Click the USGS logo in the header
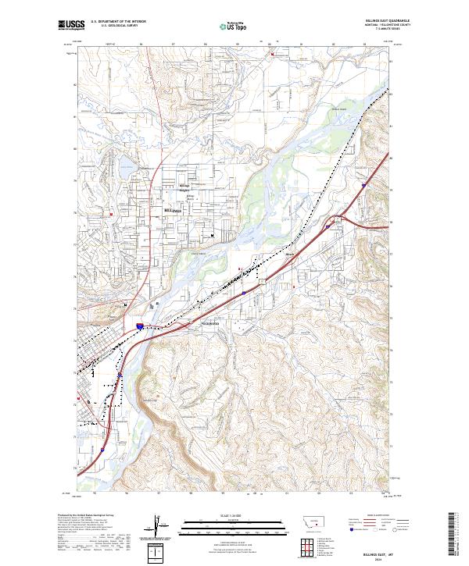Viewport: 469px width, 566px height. (x=71, y=25)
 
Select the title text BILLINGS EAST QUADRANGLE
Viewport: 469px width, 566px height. (x=388, y=20)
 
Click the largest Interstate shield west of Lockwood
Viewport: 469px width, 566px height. (x=140, y=326)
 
